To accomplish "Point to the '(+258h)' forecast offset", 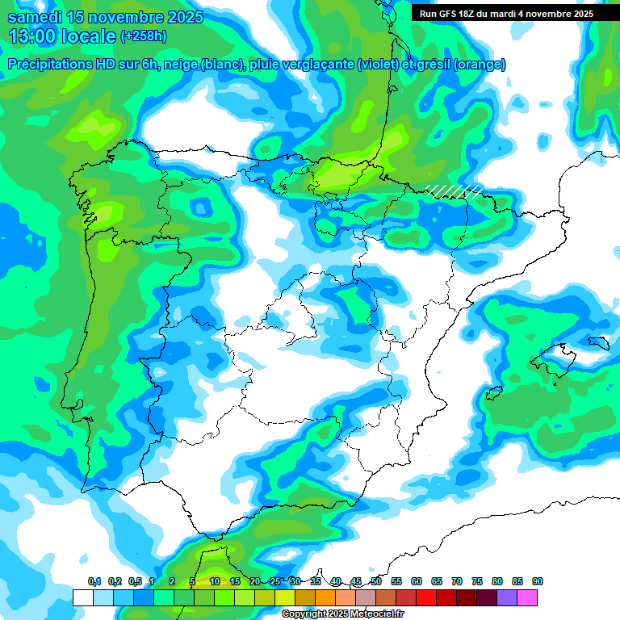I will [145, 36].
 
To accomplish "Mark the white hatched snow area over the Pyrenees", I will [454, 191].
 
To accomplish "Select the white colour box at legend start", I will [82, 597].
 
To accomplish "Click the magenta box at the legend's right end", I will [527, 597].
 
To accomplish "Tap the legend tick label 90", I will [538, 582].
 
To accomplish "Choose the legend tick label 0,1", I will [94, 582].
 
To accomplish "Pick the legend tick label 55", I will [396, 582].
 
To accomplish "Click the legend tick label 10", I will [215, 582].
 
